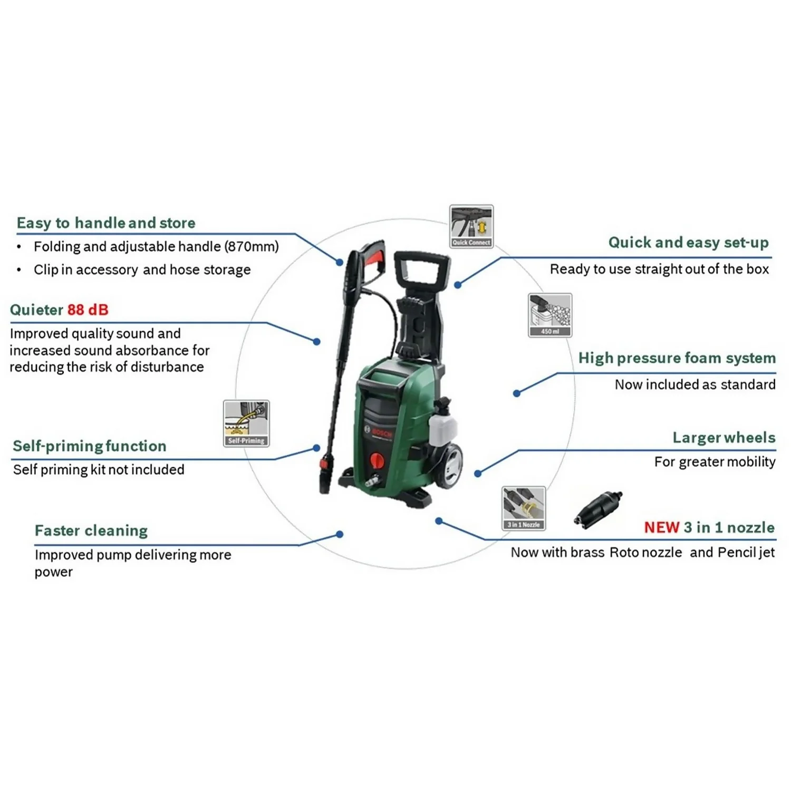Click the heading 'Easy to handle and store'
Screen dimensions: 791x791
[106, 223]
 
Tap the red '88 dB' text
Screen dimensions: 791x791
[88, 310]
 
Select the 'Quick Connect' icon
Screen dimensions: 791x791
[471, 226]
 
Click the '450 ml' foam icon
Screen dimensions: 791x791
[549, 315]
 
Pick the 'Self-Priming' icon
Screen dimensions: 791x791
[246, 423]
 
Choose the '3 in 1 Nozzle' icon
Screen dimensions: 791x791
[523, 508]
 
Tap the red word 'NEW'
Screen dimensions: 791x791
[661, 527]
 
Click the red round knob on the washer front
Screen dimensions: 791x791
[377, 460]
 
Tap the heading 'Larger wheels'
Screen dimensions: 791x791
[724, 438]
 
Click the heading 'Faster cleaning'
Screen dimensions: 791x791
[91, 530]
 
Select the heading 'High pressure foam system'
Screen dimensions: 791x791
[677, 358]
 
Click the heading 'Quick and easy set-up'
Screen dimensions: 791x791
[688, 243]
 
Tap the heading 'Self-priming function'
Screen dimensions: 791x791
[90, 446]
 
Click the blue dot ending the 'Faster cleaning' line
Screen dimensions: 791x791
[340, 534]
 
